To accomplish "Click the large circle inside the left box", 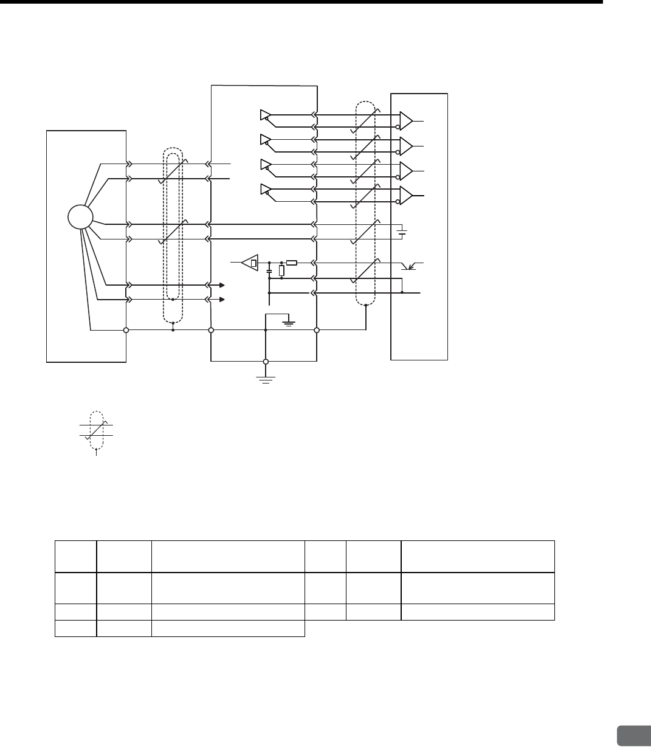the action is coord(80,217).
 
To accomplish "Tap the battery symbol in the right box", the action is coord(401,232).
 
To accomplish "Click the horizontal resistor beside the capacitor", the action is coord(291,263).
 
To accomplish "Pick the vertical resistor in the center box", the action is coord(281,271).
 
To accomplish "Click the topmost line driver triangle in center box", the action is coord(265,114).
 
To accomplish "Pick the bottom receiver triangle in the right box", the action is coord(406,194).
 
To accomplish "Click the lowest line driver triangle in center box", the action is coord(265,188).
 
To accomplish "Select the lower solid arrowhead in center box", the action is coord(222,300).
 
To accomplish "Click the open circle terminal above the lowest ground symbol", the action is coord(266,362).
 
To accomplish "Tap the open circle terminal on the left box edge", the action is coord(126,331).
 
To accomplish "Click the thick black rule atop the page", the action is coord(301,2).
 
